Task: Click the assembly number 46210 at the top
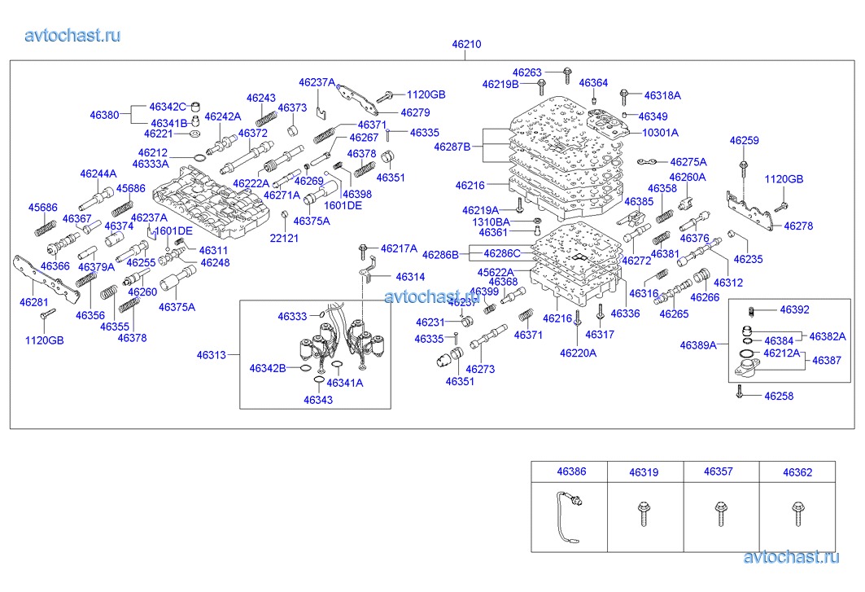[467, 45]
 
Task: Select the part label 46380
[104, 116]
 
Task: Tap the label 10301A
[660, 133]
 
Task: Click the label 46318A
[662, 95]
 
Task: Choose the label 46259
[744, 141]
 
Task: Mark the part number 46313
[211, 355]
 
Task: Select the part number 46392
[794, 309]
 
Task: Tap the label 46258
[778, 396]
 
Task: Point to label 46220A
[578, 353]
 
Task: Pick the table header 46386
[570, 471]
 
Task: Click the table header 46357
[719, 471]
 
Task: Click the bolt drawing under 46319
[644, 513]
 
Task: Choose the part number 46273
[480, 369]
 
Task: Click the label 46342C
[168, 107]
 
